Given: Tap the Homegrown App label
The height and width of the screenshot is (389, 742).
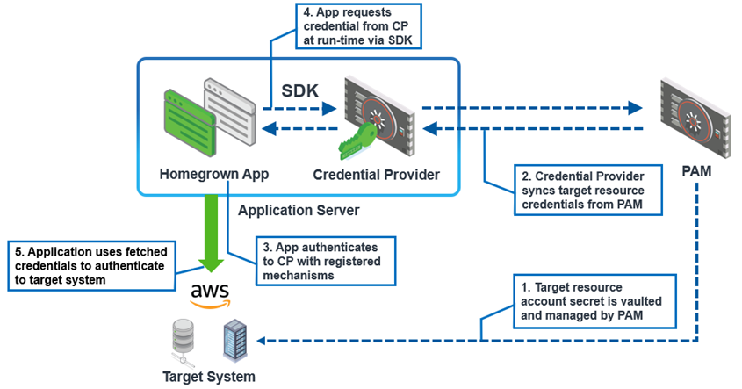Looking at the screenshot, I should pyautogui.click(x=213, y=174).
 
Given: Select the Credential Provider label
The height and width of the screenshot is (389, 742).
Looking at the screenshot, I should pyautogui.click(x=376, y=174).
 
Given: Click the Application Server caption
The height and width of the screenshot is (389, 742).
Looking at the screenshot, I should pyautogui.click(x=299, y=212).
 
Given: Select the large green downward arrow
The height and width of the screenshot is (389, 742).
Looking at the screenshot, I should pyautogui.click(x=211, y=231).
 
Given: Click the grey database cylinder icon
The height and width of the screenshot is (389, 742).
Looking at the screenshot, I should pyautogui.click(x=182, y=339).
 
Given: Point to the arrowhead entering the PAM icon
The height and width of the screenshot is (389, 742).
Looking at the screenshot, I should pyautogui.click(x=636, y=109).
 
